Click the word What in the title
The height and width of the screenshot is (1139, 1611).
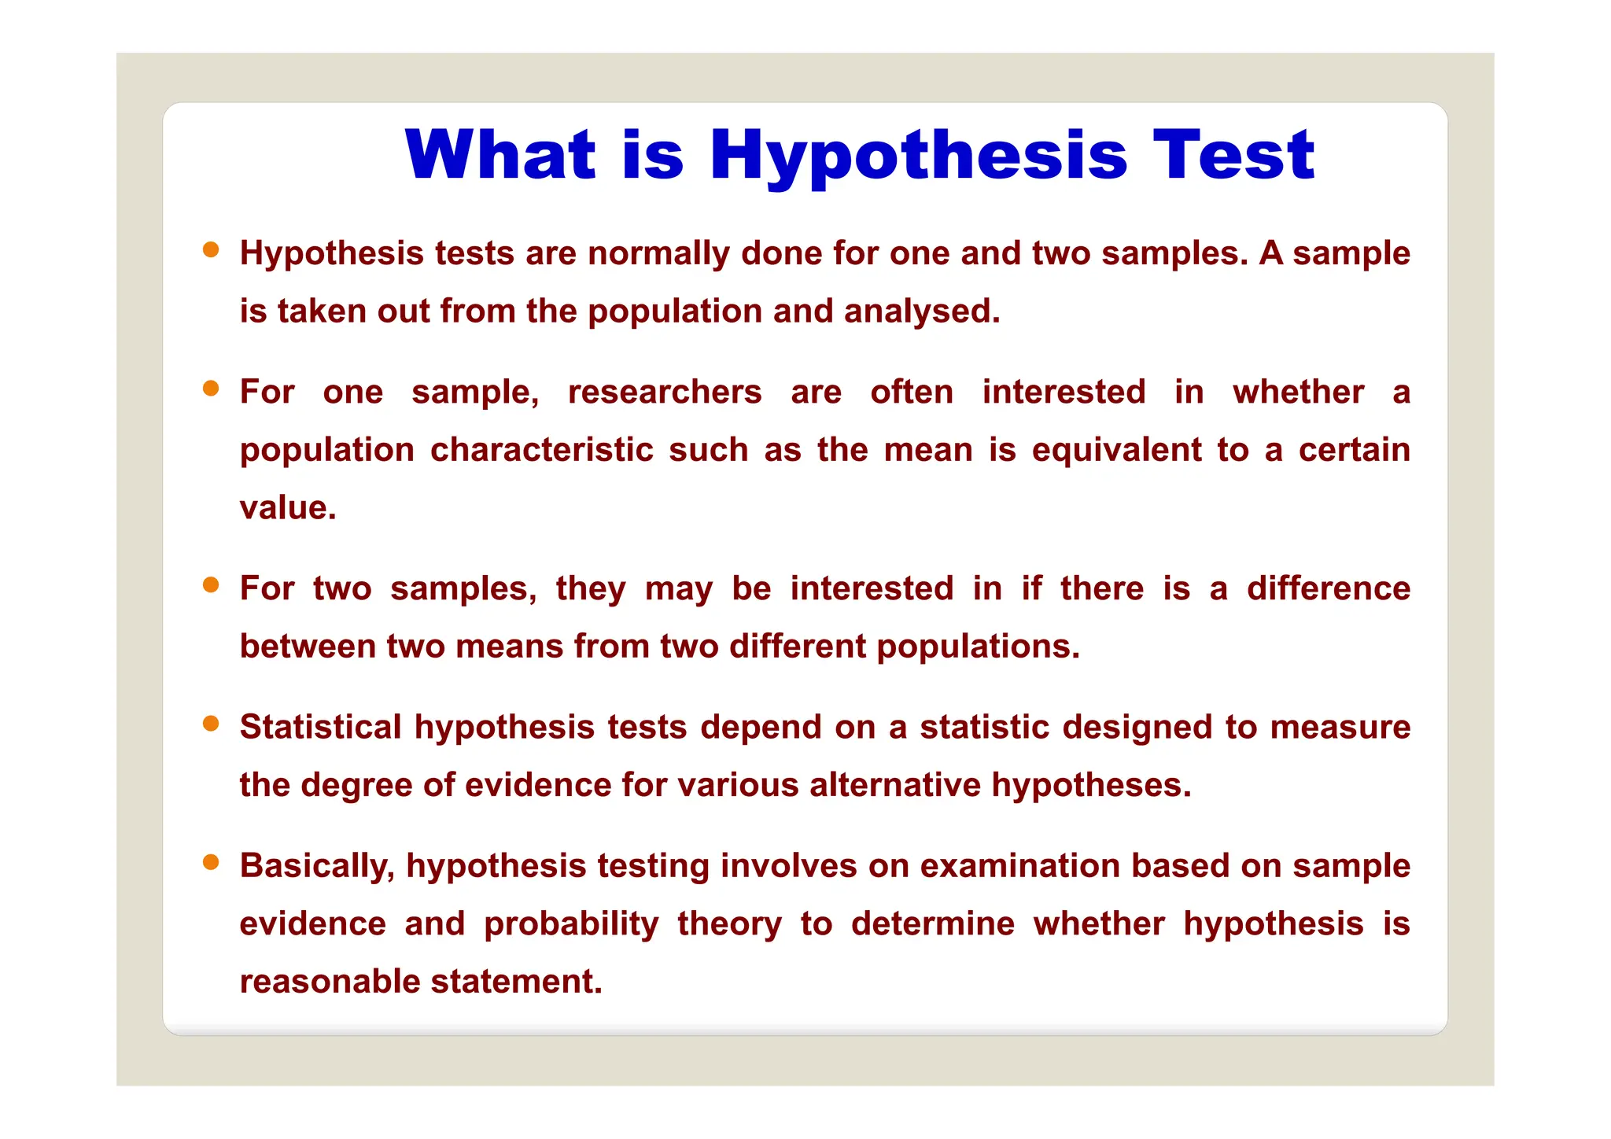500,154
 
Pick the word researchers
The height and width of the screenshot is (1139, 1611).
665,392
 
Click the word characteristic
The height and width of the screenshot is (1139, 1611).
542,450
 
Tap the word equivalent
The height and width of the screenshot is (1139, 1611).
1117,450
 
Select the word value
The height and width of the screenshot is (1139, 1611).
287,508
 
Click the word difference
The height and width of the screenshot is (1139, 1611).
1329,588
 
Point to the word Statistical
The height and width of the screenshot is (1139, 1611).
321,727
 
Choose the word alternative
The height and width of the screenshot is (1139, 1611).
895,785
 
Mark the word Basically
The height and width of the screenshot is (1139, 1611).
317,866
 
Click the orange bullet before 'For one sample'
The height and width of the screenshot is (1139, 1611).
211,389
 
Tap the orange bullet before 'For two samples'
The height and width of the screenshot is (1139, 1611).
211,585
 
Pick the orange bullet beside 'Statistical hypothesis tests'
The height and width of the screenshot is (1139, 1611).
211,724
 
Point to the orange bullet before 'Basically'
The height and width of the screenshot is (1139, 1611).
211,862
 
